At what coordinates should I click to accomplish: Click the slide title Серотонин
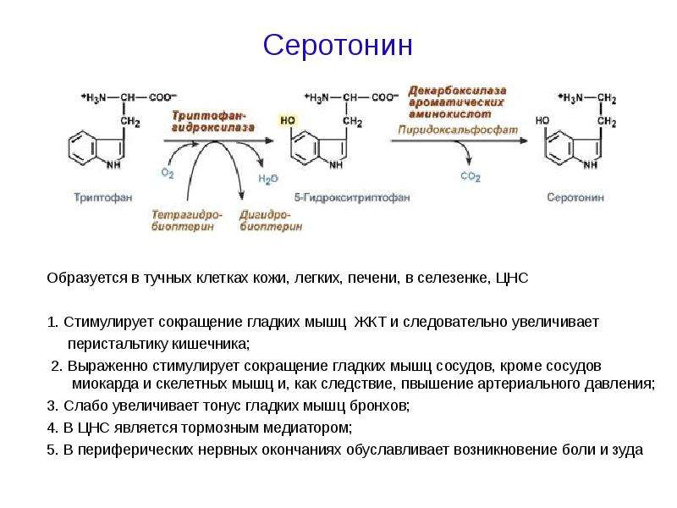tap(338, 45)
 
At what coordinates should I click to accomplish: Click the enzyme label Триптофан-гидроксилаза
tap(213, 121)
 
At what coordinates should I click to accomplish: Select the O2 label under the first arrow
tap(168, 174)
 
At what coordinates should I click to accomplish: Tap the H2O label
tap(268, 179)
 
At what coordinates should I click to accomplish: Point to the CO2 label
tap(471, 176)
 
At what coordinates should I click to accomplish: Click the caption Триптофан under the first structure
tap(102, 197)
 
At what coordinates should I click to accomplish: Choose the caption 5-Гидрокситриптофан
tap(352, 197)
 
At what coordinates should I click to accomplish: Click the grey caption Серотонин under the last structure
tap(575, 197)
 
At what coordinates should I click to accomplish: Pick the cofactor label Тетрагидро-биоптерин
tap(186, 220)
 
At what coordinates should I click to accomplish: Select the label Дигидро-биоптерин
tap(271, 220)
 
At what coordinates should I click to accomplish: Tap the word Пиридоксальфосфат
tap(458, 130)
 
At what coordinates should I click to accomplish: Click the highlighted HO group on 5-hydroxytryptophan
tap(288, 120)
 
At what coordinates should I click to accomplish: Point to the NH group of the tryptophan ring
tap(113, 164)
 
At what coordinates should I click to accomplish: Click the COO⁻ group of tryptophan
tap(162, 97)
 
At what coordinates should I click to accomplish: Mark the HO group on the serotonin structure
tap(542, 120)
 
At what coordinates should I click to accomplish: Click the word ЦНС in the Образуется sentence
tap(512, 278)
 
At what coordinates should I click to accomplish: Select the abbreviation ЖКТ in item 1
tap(370, 322)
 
